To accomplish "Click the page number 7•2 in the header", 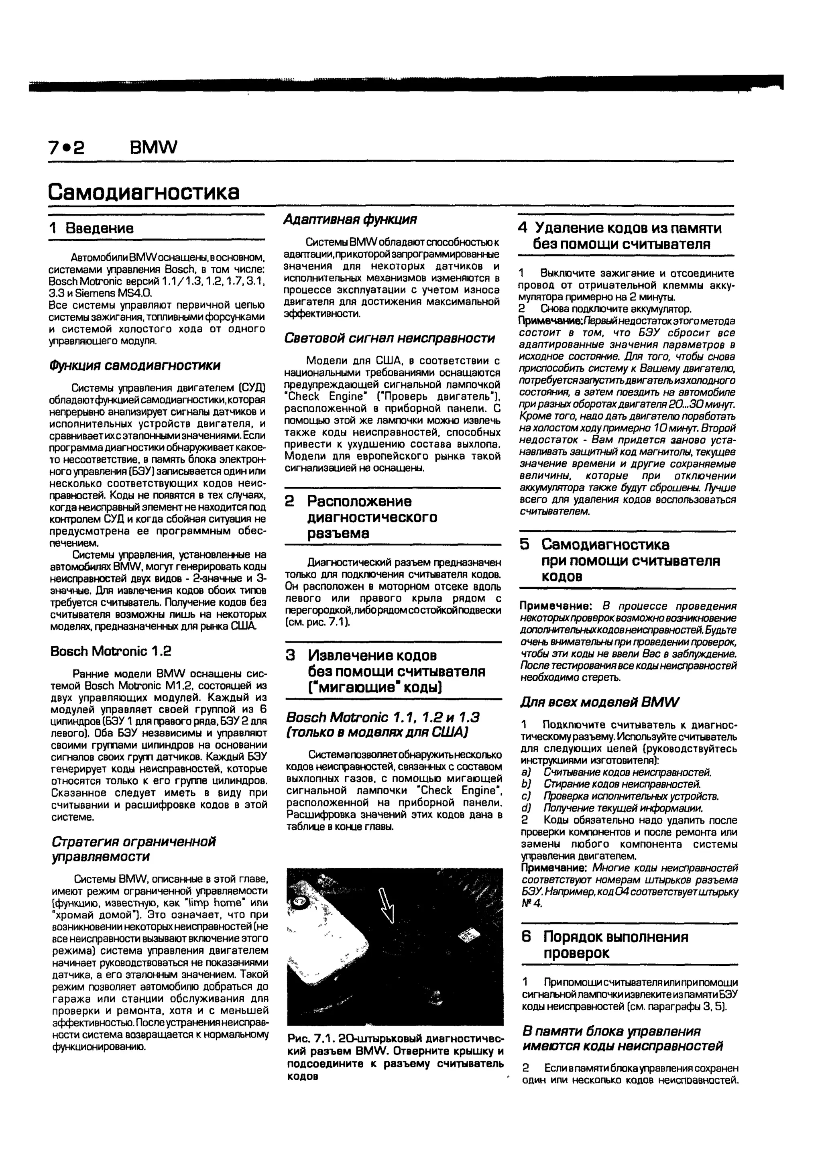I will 66,147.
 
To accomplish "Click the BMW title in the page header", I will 153,147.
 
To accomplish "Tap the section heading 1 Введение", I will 92,228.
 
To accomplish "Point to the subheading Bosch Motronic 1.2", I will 111,651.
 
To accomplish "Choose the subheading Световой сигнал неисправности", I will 389,338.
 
